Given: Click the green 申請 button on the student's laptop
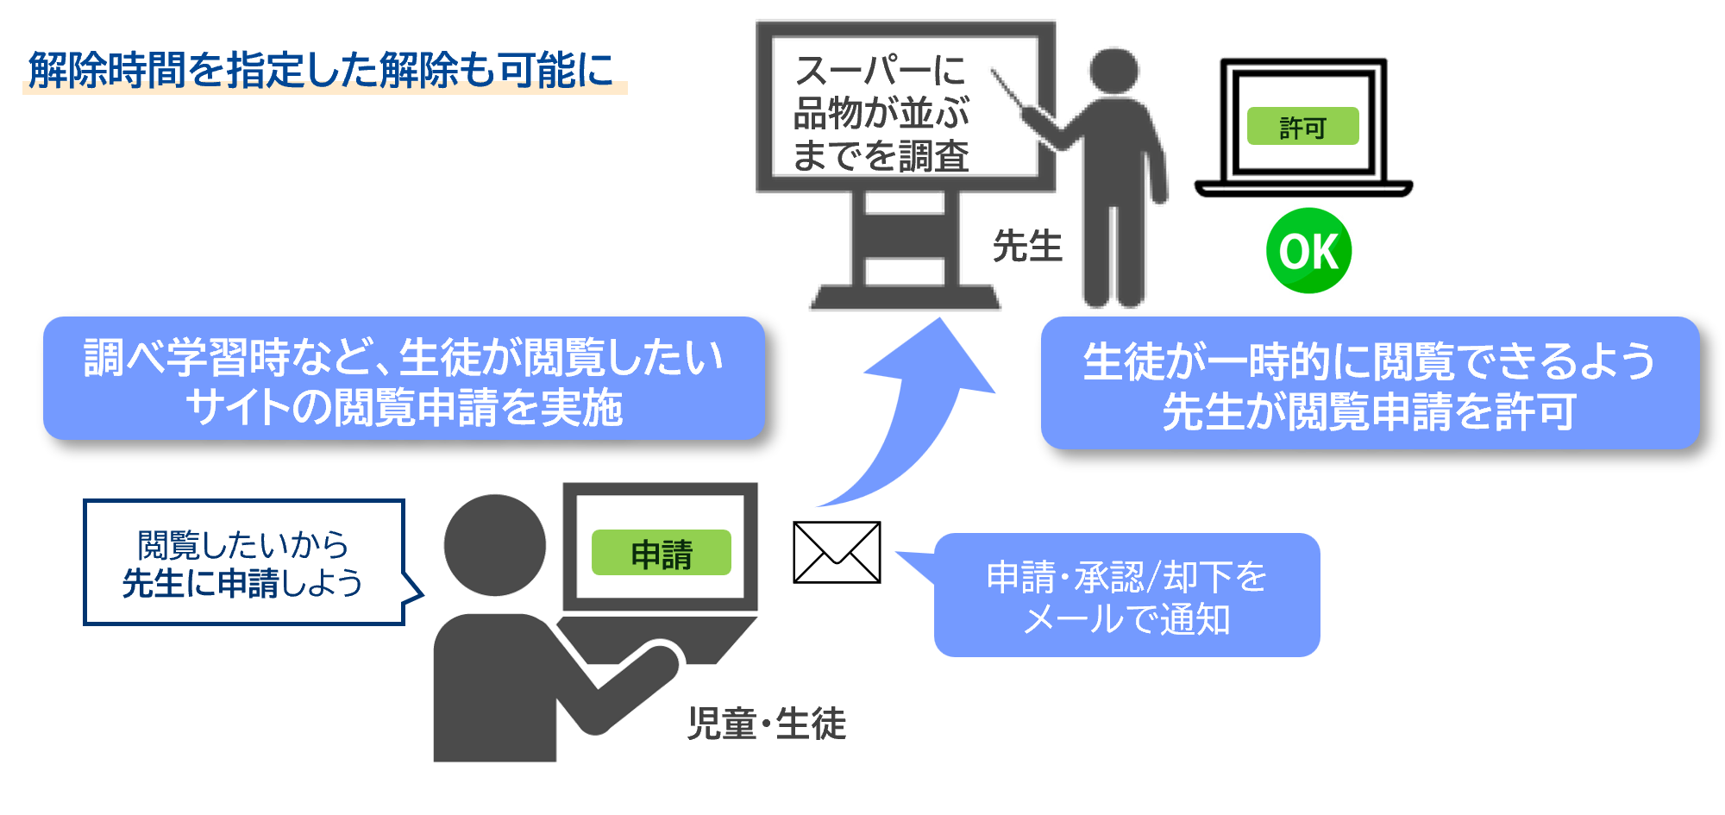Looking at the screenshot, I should click(661, 553).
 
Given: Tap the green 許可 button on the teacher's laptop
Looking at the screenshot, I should click(1302, 127).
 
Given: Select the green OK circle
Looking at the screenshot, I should click(1308, 251).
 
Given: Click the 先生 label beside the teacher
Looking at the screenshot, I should click(1026, 246).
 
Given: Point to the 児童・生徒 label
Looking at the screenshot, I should click(766, 723).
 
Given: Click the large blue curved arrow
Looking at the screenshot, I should click(914, 414).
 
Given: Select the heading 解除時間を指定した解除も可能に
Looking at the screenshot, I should click(321, 69).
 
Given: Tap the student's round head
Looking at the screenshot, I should click(495, 545).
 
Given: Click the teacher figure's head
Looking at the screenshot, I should click(1113, 71).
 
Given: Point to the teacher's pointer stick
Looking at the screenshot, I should click(1009, 91).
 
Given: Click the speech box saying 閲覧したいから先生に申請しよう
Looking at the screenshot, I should click(243, 563).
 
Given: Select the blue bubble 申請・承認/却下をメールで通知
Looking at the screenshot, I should click(1126, 596).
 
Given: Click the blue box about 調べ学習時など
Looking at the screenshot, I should click(404, 379).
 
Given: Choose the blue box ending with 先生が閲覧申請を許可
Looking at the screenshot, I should click(1370, 384).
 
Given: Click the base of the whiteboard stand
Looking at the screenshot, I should click(905, 298).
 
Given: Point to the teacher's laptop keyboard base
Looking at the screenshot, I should click(1303, 188).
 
